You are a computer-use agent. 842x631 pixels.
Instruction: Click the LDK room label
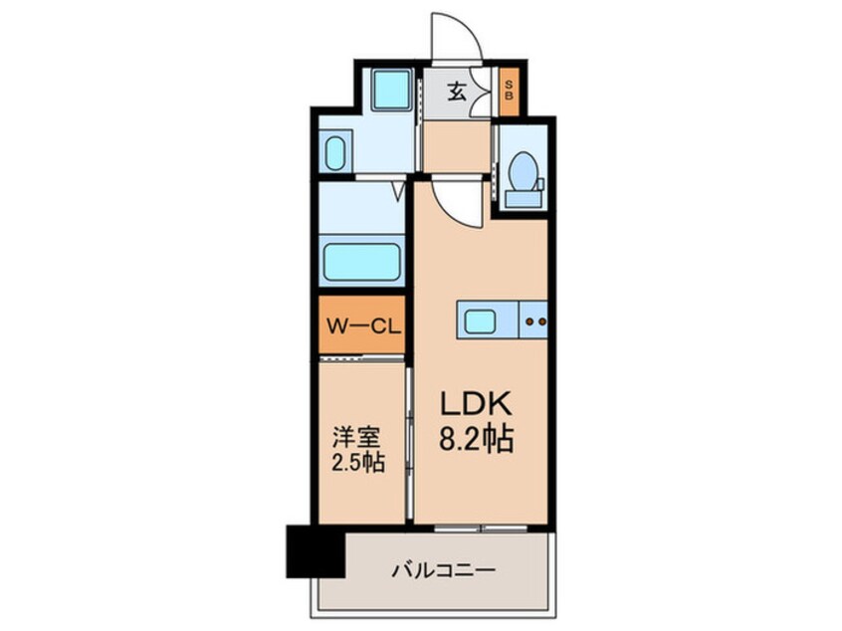[x=477, y=403]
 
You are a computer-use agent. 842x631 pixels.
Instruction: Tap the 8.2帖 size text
[x=477, y=438]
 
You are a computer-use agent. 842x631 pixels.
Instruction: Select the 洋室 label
[x=356, y=437]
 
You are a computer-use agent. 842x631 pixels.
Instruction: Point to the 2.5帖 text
[x=357, y=461]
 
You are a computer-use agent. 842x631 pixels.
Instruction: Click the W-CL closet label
[x=364, y=326]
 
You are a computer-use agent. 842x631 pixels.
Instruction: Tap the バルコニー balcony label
[x=443, y=569]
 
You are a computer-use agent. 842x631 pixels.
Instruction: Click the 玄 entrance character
[x=457, y=93]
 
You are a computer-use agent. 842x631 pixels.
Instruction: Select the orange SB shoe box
[x=509, y=91]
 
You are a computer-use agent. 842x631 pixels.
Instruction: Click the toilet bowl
[x=523, y=170]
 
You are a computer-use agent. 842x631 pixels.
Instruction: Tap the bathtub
[x=362, y=262]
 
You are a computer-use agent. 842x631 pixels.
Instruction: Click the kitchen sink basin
[x=480, y=321]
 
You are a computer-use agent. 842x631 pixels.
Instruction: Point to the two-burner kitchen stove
[x=533, y=320]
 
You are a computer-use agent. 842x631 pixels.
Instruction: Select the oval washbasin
[x=335, y=153]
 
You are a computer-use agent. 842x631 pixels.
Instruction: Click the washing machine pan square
[x=391, y=90]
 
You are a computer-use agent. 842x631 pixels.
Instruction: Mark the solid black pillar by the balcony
[x=315, y=551]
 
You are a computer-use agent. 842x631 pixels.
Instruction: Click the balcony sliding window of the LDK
[x=481, y=528]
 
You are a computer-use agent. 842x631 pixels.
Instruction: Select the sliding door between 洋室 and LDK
[x=409, y=444]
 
